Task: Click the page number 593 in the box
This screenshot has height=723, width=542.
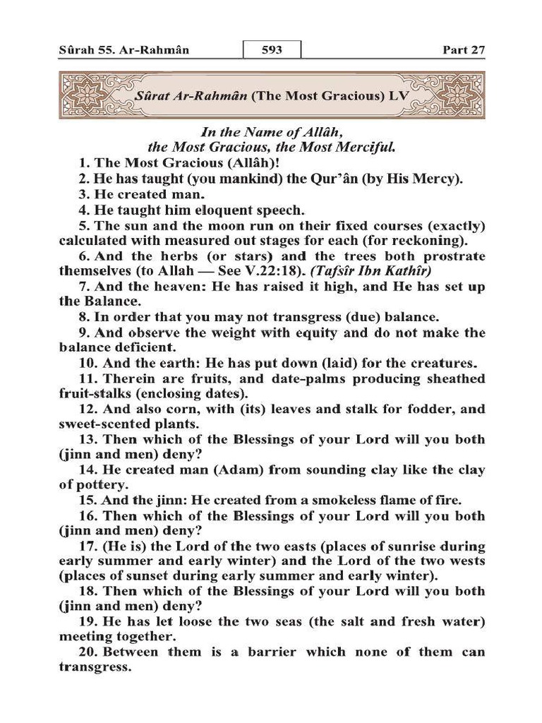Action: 272,51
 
